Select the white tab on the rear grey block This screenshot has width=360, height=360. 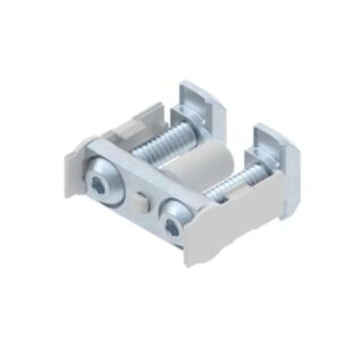128,130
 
